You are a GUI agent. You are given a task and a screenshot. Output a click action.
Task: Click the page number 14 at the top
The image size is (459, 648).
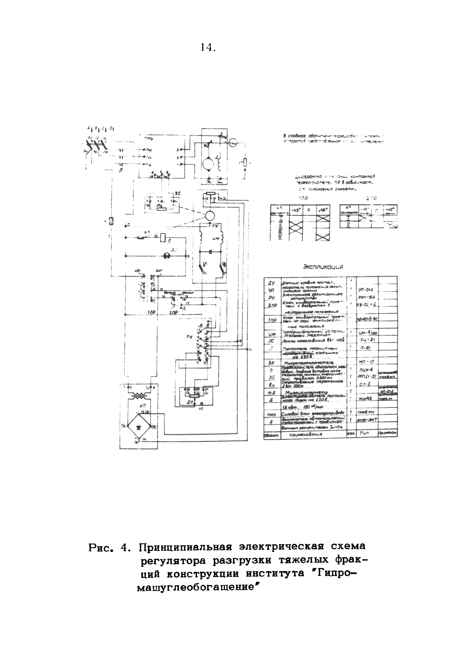[208, 48]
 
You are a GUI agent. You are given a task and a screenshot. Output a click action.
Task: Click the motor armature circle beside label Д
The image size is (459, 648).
[208, 163]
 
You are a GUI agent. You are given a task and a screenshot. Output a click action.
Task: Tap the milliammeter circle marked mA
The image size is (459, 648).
[232, 142]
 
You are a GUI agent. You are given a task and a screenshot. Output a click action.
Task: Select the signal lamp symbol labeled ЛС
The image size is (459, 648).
[166, 256]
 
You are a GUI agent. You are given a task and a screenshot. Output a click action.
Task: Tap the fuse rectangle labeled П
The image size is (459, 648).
[111, 221]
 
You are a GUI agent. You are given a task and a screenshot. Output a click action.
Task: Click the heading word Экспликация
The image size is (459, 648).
[323, 267]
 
